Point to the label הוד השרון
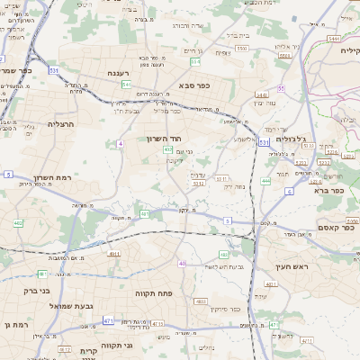click(x=165, y=139)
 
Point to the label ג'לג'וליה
click(x=289, y=139)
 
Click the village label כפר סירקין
click(x=220, y=309)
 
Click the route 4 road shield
click(x=120, y=143)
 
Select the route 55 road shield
click(x=281, y=88)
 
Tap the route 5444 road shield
click(x=334, y=40)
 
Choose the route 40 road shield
click(x=182, y=264)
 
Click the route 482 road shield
click(x=17, y=222)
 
